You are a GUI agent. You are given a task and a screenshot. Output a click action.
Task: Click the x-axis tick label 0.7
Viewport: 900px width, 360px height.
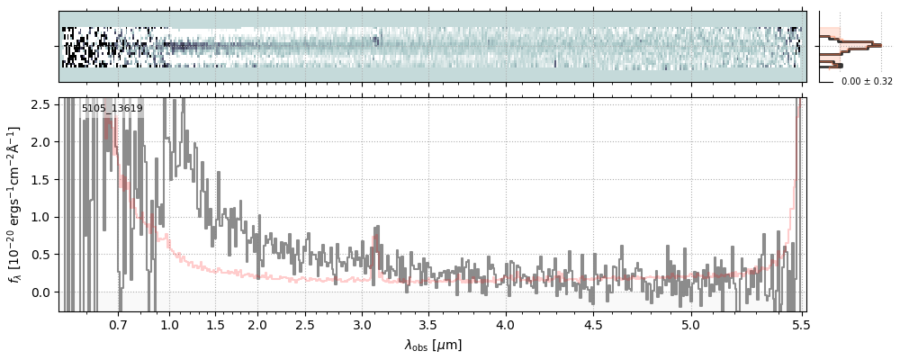118,324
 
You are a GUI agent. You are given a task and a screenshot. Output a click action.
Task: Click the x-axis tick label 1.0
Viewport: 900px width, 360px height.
169,324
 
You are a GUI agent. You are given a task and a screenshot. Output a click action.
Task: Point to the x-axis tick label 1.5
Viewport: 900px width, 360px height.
216,324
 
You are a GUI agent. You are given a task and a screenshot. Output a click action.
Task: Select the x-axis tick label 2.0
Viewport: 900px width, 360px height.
257,324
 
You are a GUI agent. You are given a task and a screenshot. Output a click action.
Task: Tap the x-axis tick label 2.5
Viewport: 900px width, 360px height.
305,324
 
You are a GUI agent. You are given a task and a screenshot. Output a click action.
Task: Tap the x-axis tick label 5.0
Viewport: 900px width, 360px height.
690,324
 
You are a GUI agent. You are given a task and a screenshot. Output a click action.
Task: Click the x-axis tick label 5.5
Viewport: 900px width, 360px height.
796,324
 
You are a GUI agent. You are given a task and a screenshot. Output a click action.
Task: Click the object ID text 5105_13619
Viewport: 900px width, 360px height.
112,109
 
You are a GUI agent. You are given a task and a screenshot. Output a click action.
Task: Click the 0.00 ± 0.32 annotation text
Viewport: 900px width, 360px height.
867,82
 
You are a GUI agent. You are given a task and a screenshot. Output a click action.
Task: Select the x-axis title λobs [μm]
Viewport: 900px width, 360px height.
433,344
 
